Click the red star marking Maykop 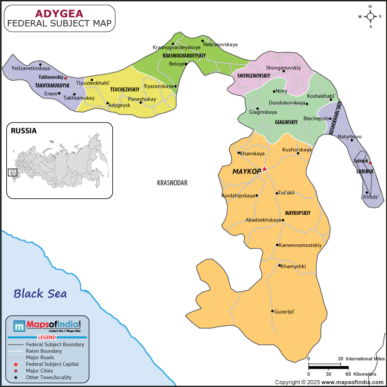pyautogui.click(x=265, y=169)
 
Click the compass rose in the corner pyautogui.click(x=371, y=16)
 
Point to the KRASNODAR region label pyautogui.click(x=172, y=183)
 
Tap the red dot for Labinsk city pyautogui.click(x=371, y=163)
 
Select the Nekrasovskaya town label pyautogui.click(x=221, y=45)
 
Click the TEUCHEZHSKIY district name pyautogui.click(x=125, y=90)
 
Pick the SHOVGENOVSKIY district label pyautogui.click(x=253, y=76)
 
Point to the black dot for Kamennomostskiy pyautogui.click(x=277, y=245)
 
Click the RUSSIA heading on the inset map pyautogui.click(x=24, y=130)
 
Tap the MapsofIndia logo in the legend pyautogui.click(x=47, y=326)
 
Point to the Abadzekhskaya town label pyautogui.click(x=263, y=220)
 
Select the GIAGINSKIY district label pyautogui.click(x=286, y=122)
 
